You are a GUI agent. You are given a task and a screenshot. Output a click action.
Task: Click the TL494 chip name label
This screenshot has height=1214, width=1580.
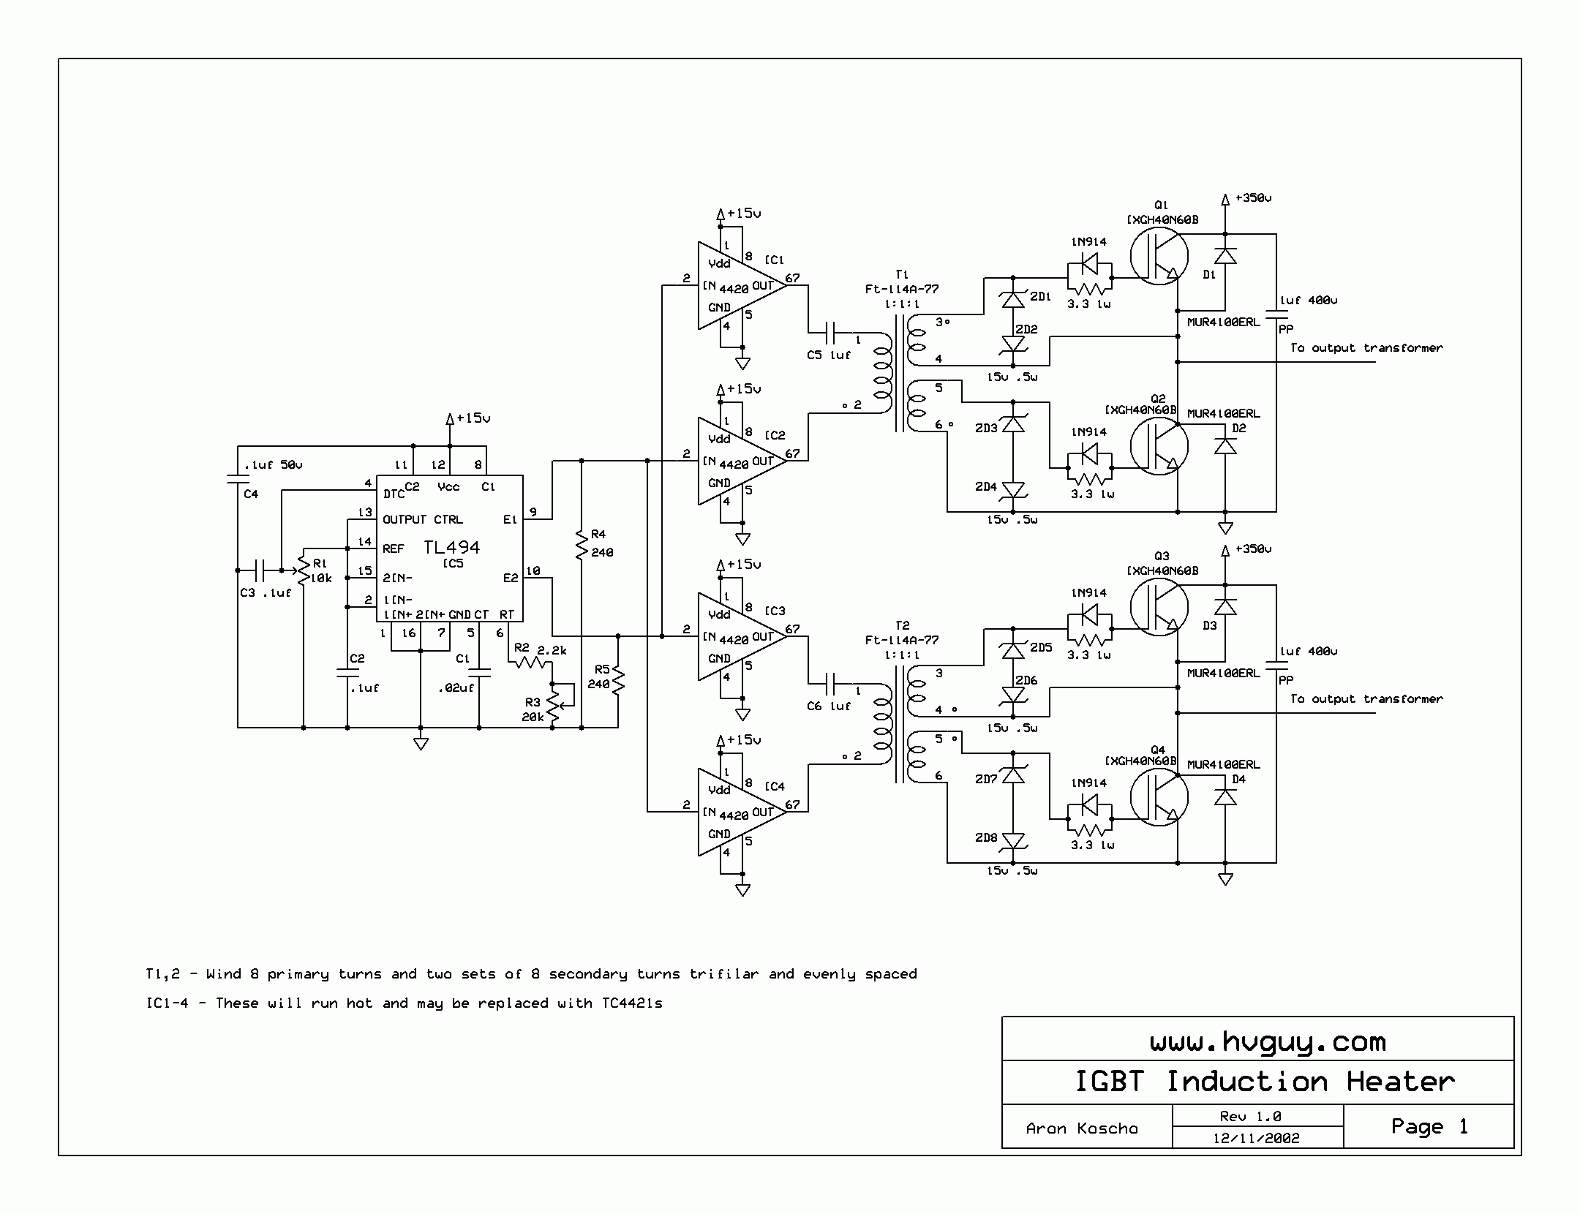451,547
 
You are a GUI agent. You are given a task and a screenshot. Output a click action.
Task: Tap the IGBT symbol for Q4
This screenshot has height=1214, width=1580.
1159,797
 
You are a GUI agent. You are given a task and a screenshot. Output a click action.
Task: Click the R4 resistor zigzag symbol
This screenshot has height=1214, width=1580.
582,545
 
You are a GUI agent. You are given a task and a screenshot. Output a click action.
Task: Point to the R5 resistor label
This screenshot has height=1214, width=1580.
602,669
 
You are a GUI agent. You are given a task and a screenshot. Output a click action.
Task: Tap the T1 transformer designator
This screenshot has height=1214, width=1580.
902,274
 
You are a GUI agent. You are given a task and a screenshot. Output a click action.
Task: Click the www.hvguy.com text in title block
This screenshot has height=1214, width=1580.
1267,1041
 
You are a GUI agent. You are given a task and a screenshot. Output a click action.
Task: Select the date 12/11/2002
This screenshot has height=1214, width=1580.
1256,1138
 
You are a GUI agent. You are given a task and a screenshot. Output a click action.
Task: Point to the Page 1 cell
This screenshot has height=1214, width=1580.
1429,1126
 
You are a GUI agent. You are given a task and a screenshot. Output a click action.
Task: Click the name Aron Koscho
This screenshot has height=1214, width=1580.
1082,1128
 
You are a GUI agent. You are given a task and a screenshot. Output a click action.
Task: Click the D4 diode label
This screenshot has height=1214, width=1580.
1238,779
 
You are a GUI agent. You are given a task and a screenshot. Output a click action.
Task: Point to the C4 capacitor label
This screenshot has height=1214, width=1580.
251,494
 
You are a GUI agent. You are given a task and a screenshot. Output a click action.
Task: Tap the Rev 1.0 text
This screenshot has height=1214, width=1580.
1250,1116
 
